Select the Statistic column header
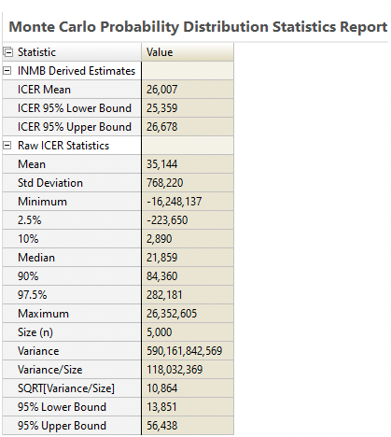point(36,52)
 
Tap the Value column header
point(160,52)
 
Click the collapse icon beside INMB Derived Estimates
point(7,71)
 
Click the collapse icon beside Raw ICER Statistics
point(7,146)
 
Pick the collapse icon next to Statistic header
point(8,52)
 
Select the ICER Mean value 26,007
point(161,90)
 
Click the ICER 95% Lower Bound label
point(75,108)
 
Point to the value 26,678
point(161,127)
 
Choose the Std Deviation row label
point(50,183)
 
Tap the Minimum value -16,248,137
point(175,202)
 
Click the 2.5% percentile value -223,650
point(167,220)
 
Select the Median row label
point(36,258)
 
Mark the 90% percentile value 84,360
point(161,276)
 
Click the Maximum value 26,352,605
point(172,314)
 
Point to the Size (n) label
point(35,332)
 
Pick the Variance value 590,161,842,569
point(184,351)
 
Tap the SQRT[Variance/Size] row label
point(66,388)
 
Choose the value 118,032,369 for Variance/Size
point(175,370)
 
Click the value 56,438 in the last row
point(161,426)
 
